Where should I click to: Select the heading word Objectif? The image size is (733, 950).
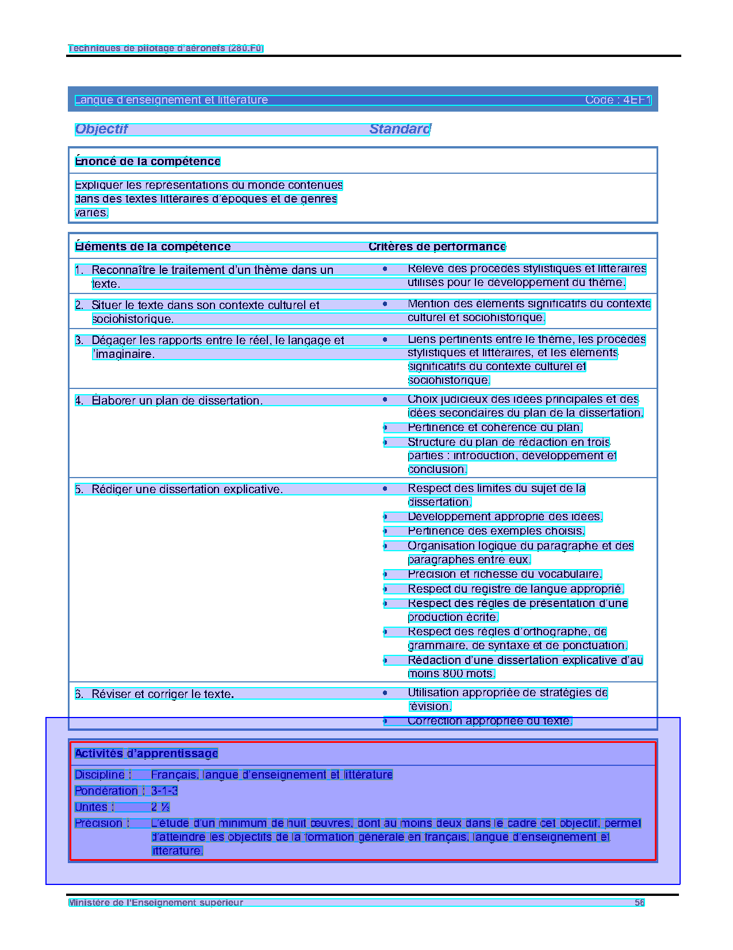[101, 129]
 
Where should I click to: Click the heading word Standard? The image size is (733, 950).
[400, 129]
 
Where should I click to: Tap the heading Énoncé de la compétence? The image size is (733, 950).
[148, 161]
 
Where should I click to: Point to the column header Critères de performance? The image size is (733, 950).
[437, 246]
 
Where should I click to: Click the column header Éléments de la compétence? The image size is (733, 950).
[153, 246]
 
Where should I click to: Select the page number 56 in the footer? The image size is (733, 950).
[639, 902]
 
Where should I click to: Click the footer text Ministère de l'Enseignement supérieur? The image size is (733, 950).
[156, 902]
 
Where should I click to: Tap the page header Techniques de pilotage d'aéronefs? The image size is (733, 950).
[166, 48]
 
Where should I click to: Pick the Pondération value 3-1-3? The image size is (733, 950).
[164, 791]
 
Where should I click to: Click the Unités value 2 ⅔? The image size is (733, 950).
[160, 807]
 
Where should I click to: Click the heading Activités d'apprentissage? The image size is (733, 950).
[147, 753]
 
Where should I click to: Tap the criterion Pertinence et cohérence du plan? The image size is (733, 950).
[495, 428]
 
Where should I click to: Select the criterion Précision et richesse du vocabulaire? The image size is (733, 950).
[505, 574]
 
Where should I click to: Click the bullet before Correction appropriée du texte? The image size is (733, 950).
[385, 720]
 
